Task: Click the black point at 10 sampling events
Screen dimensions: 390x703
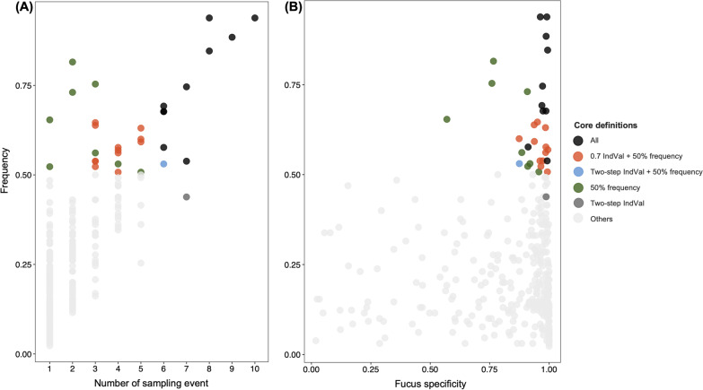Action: coord(255,18)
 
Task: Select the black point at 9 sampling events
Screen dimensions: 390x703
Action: coord(232,38)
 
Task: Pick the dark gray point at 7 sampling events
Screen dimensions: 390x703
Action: coord(186,197)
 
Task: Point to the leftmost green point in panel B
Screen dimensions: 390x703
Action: coord(447,119)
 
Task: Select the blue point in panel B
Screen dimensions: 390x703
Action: coord(519,164)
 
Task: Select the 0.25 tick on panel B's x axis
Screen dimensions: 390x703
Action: coord(370,368)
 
